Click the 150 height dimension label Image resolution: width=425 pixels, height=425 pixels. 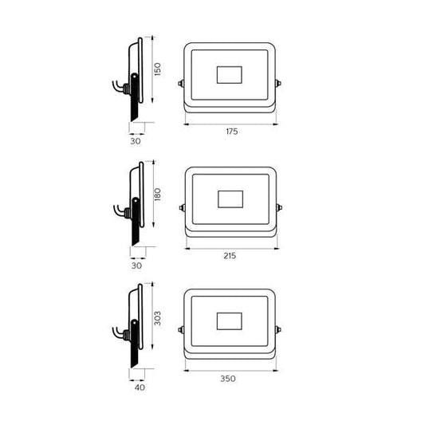pos(157,69)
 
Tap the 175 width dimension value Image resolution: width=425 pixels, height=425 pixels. pos(232,132)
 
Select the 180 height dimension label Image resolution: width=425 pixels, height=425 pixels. pos(157,195)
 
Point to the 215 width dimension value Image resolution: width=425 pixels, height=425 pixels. pos(230,256)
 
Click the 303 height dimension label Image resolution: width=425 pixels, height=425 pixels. pos(157,318)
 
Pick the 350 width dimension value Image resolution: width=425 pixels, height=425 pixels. pos(228,379)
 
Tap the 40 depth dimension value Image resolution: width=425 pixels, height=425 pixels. pos(140,388)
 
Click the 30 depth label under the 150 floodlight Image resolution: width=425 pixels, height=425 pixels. pos(136,141)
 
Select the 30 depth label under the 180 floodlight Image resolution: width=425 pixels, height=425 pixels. pos(136,266)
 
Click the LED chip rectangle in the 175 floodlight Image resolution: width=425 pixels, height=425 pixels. pos(230,75)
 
